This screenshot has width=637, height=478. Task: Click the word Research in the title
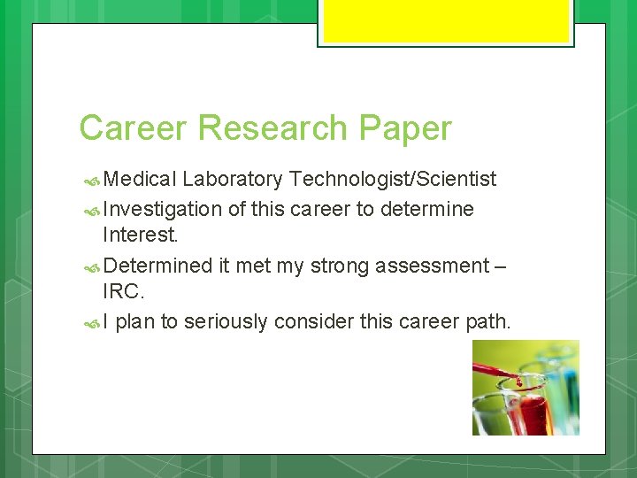tap(273, 128)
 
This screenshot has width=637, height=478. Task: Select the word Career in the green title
tap(134, 128)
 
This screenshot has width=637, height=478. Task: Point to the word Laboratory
tap(233, 180)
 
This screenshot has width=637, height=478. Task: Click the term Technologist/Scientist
tap(393, 180)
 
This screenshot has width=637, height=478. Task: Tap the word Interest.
tap(140, 235)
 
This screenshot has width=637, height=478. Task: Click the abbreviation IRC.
tap(123, 292)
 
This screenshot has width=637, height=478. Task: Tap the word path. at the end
tap(488, 321)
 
